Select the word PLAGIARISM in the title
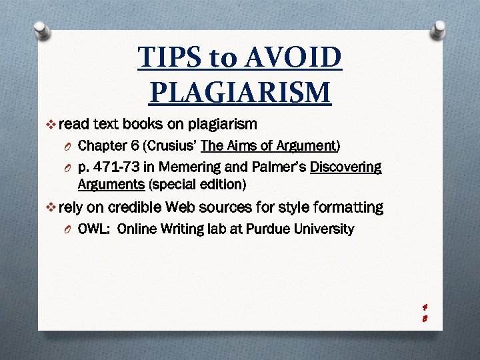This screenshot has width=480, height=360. pyautogui.click(x=240, y=91)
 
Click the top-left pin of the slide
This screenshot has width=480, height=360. pyautogui.click(x=41, y=29)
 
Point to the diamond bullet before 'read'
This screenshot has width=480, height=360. pyautogui.click(x=53, y=124)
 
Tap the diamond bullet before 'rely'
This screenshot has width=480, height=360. pyautogui.click(x=53, y=207)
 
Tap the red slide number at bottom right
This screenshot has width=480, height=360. pyautogui.click(x=425, y=313)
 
